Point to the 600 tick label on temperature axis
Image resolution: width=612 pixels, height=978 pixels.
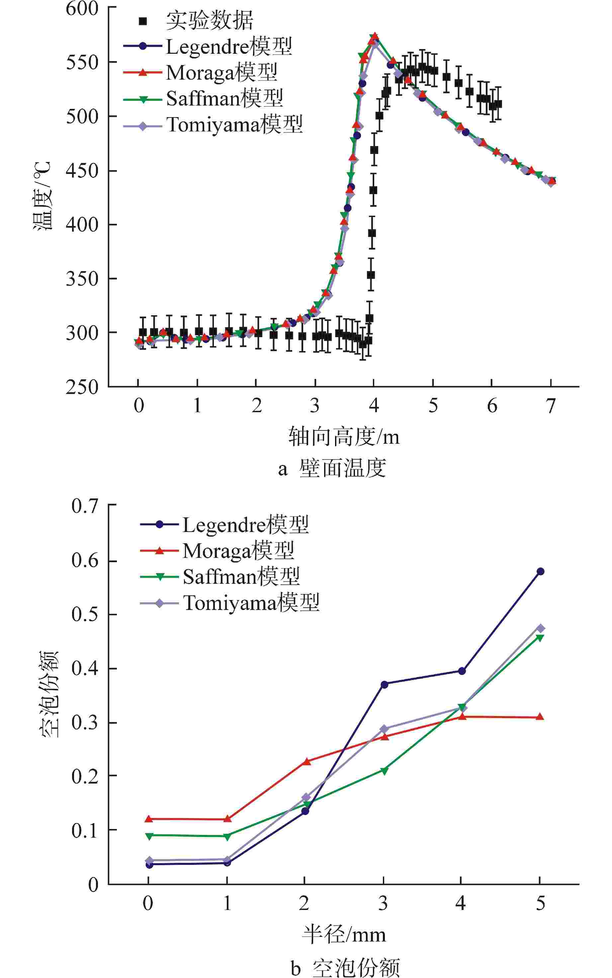click(x=82, y=9)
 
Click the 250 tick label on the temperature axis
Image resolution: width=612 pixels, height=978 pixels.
click(x=82, y=387)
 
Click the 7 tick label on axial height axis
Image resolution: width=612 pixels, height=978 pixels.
click(x=551, y=406)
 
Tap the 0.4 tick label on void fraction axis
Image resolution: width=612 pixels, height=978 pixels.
click(x=85, y=669)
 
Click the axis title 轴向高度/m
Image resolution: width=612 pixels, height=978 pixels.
click(x=344, y=437)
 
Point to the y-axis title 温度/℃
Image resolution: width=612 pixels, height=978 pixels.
click(x=43, y=196)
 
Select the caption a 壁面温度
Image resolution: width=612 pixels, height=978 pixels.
click(x=332, y=468)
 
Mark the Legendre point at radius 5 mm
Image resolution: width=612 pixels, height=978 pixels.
click(x=540, y=571)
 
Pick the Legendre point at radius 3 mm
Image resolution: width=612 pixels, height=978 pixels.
click(x=384, y=684)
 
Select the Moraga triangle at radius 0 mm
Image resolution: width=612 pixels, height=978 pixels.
click(x=148, y=819)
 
